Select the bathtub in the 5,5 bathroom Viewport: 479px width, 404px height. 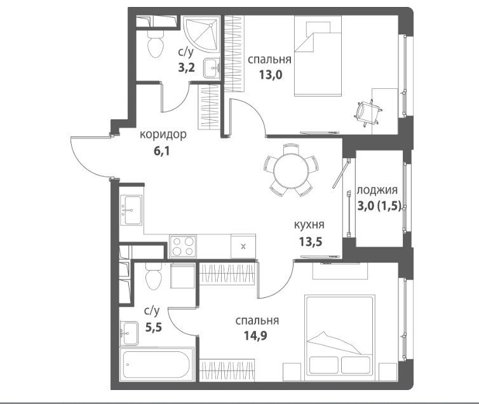click(157, 363)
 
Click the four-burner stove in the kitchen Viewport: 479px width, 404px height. click(183, 246)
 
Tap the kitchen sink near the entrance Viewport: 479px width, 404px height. click(132, 210)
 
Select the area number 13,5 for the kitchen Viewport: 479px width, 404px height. click(311, 242)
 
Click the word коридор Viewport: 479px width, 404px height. click(163, 135)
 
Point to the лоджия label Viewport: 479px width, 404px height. click(377, 190)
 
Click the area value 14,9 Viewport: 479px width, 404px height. click(255, 335)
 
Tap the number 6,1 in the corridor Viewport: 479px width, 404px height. click(161, 151)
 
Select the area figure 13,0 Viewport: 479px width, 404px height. click(271, 74)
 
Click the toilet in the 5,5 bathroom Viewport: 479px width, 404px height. click(154, 276)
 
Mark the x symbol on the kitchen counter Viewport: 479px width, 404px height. click(243, 246)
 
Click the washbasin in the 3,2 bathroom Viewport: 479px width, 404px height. click(212, 69)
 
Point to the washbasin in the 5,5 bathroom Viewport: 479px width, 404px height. click(130, 333)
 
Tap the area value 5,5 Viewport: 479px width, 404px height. click(153, 328)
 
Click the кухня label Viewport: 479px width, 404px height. click(309, 226)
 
